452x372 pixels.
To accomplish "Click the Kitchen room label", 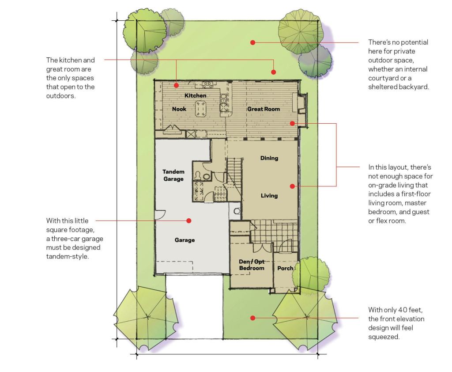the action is [196, 95].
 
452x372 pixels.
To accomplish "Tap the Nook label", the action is [179, 109].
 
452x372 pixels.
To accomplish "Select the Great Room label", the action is [264, 109].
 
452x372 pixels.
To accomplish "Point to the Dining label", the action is [269, 158].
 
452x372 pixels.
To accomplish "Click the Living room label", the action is [269, 196].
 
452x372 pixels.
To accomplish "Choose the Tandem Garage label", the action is [173, 175].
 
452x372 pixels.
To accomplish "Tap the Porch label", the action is [285, 268].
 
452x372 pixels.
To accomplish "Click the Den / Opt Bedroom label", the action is [252, 265].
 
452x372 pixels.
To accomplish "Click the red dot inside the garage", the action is [189, 221].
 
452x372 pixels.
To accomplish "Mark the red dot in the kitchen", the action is [176, 85].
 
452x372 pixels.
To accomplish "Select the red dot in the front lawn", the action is [253, 318].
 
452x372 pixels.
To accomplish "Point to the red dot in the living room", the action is [292, 186].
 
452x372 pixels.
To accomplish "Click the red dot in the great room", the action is [292, 124].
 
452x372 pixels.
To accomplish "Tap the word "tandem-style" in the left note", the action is [68, 257].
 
